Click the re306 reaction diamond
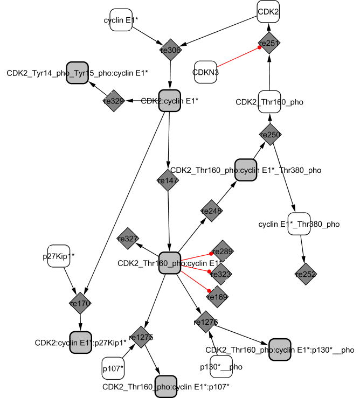170,50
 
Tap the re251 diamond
269,43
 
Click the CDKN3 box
205,72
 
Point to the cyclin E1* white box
121,20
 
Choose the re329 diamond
114,101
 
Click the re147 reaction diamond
168,181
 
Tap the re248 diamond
211,211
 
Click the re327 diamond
128,239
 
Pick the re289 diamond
222,251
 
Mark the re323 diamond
221,274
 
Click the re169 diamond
218,296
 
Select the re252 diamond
306,275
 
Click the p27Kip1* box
60,256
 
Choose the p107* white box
113,368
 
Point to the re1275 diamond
141,337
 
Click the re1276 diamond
205,322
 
